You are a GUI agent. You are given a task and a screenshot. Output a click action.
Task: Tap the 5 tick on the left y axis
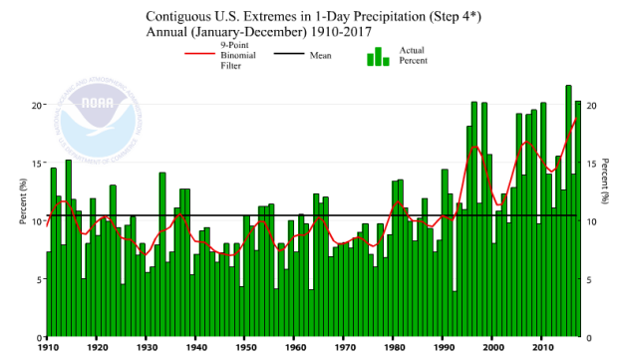[x=36, y=280]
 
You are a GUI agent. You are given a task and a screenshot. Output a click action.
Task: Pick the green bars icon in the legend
[x=378, y=56]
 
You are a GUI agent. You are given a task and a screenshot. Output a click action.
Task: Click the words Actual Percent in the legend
[x=414, y=55]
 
